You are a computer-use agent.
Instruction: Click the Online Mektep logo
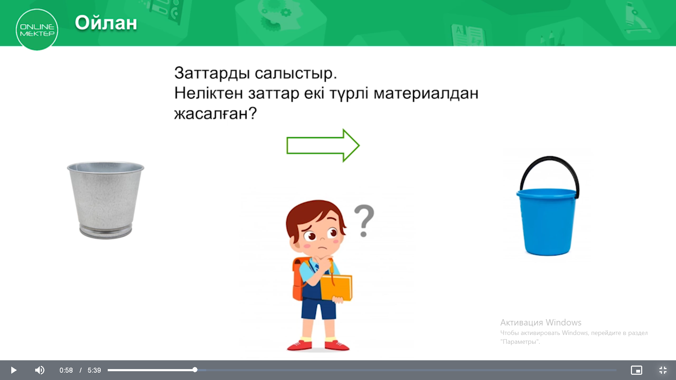pos(37,30)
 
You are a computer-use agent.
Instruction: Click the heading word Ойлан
pos(106,23)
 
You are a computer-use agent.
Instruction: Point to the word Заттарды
pos(212,73)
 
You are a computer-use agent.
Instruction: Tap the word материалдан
pos(426,93)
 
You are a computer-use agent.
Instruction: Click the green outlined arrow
pos(323,145)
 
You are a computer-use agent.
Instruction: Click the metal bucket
pos(106,200)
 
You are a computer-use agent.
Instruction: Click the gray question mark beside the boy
pos(364,221)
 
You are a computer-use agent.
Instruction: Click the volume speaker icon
pos(40,370)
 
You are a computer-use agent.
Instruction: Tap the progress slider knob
pos(195,370)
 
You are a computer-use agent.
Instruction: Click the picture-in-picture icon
pos(637,370)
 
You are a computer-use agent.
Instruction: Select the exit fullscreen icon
pos(663,370)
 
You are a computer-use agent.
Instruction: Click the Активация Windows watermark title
pos(541,322)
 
